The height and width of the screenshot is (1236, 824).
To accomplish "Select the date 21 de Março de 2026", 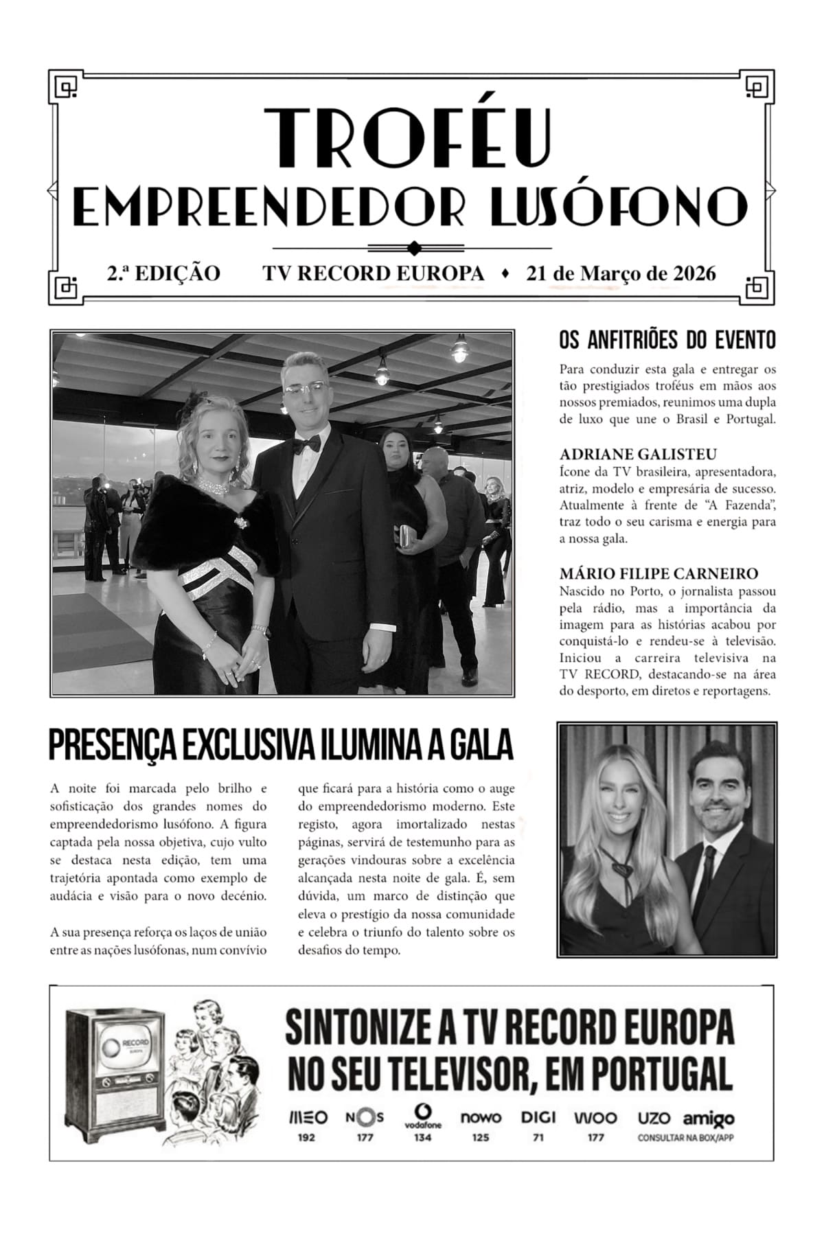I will click(621, 273).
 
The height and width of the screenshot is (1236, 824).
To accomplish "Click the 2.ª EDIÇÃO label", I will click(163, 273).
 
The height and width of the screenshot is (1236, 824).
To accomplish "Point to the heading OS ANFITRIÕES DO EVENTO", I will click(667, 340).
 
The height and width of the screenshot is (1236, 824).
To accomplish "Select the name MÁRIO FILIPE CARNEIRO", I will click(659, 573).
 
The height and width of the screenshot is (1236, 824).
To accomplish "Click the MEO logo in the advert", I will click(307, 1117).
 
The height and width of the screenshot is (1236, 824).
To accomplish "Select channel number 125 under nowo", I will click(481, 1138).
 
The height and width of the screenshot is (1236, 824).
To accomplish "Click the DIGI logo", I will click(538, 1117).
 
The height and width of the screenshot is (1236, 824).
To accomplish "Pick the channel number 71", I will click(538, 1138).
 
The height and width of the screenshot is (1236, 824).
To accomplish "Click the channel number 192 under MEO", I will click(307, 1138).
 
